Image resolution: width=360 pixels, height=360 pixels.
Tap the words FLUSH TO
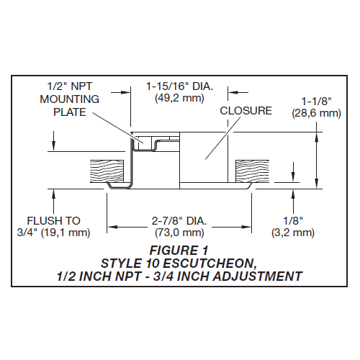(54, 220)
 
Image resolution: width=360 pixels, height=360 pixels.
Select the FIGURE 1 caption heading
(179, 250)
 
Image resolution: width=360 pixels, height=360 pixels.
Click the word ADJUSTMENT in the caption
(256, 275)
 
